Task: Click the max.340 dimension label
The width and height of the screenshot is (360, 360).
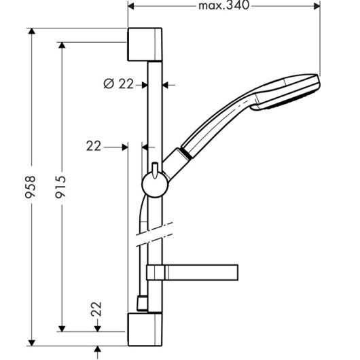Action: (223, 5)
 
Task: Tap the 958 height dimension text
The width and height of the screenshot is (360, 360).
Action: (31, 186)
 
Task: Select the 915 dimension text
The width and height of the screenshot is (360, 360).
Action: (61, 186)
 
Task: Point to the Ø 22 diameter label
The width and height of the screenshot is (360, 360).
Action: (118, 84)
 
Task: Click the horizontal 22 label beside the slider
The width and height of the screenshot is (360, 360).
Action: (94, 146)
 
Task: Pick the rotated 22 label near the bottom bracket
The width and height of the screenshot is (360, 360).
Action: (96, 309)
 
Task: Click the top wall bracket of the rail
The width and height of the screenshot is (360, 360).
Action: (145, 45)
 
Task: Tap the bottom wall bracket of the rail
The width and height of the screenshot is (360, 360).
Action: (145, 329)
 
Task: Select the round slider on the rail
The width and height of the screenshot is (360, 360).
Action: (155, 185)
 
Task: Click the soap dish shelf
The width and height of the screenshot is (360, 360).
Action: (192, 272)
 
